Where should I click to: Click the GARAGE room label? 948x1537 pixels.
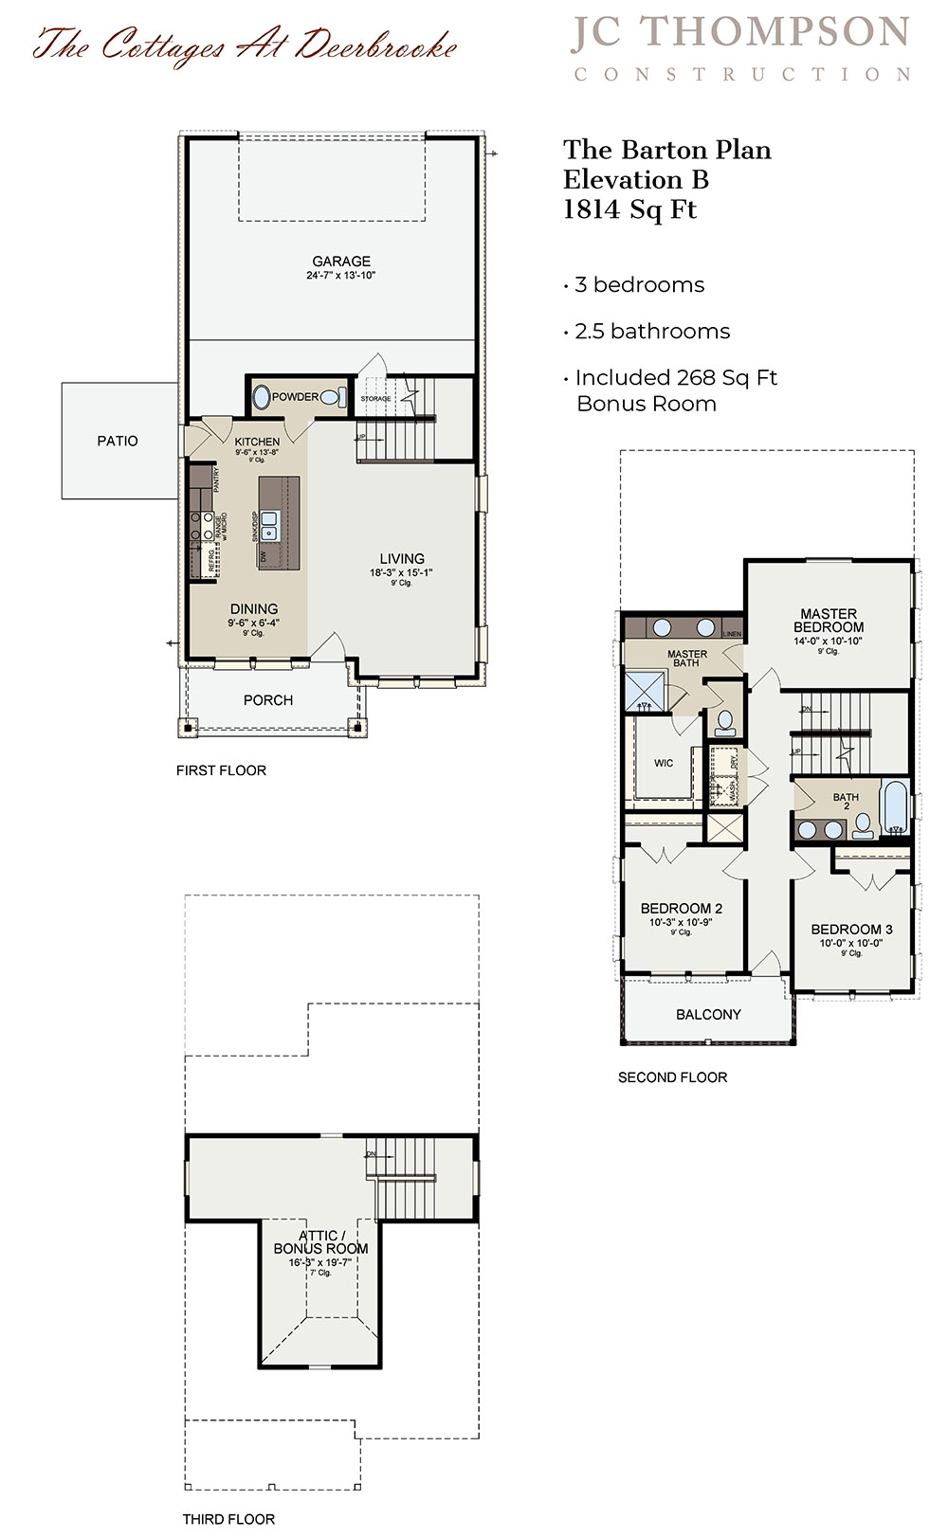pyautogui.click(x=341, y=261)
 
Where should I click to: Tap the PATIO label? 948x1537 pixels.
pyautogui.click(x=118, y=441)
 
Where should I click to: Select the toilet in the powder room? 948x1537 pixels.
pyautogui.click(x=331, y=398)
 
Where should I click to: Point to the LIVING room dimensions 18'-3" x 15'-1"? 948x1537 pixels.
pyautogui.click(x=401, y=572)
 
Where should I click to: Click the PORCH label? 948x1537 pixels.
pyautogui.click(x=268, y=700)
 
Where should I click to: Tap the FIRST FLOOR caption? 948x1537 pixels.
pyautogui.click(x=221, y=770)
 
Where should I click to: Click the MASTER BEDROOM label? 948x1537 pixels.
pyautogui.click(x=829, y=621)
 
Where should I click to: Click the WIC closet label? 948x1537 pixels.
pyautogui.click(x=664, y=763)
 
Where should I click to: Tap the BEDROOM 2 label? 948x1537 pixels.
pyautogui.click(x=681, y=908)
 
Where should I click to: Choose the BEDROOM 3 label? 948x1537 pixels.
pyautogui.click(x=851, y=930)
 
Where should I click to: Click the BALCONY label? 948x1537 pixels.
pyautogui.click(x=708, y=1014)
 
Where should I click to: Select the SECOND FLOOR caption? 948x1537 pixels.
pyautogui.click(x=672, y=1077)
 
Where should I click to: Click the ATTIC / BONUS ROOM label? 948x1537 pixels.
pyautogui.click(x=320, y=1242)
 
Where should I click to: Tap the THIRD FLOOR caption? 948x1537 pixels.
pyautogui.click(x=228, y=1519)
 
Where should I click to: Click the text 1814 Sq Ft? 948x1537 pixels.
pyautogui.click(x=629, y=209)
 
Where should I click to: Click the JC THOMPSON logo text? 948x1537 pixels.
pyautogui.click(x=740, y=32)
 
